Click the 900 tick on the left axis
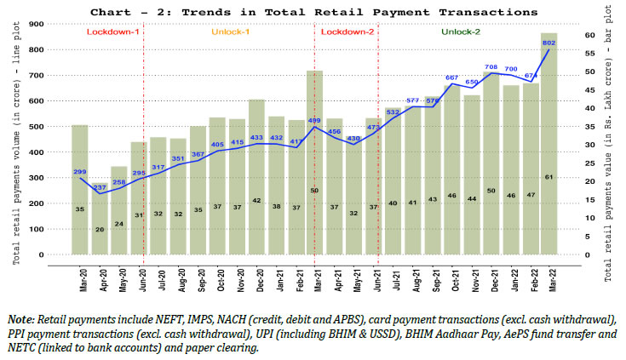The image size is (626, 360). pyautogui.click(x=37, y=24)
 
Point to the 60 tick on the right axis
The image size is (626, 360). pyautogui.click(x=578, y=36)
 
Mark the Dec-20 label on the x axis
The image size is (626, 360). pyautogui.click(x=256, y=279)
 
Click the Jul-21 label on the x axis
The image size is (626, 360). pyautogui.click(x=393, y=279)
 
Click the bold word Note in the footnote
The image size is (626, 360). pyautogui.click(x=20, y=318)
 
